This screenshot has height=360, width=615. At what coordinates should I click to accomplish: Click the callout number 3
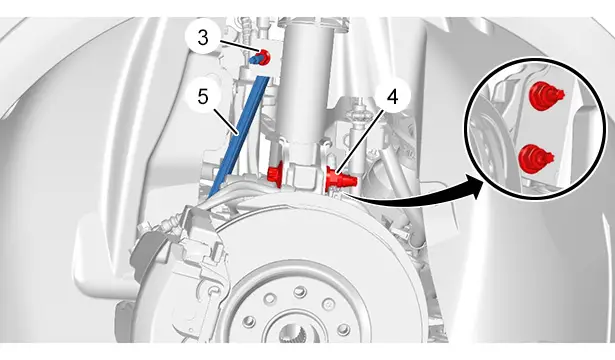pos(203,38)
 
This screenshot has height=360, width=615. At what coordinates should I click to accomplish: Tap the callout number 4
pos(393,96)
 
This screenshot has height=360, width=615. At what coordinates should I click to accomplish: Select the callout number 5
pos(203,96)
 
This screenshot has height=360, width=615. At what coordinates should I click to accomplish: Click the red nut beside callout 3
pos(265,57)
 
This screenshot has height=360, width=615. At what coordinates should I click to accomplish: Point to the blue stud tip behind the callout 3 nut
pos(254,60)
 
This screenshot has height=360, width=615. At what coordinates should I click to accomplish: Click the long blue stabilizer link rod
pos(238,136)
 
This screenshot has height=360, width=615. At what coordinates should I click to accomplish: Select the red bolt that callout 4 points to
pos(340,179)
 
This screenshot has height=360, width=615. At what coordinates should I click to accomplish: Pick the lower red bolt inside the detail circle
pos(535,159)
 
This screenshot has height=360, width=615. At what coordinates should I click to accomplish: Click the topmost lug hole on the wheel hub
pos(300,291)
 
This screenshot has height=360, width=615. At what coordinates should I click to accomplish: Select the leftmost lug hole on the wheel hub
pos(248,322)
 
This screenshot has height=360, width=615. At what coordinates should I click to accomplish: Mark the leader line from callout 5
pos(224,121)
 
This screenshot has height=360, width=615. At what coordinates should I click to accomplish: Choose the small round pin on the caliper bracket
pos(214,291)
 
